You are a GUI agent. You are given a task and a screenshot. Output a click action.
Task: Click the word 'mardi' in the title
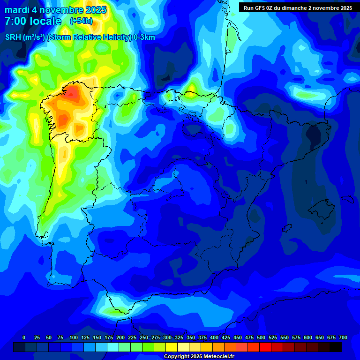(x=18, y=10)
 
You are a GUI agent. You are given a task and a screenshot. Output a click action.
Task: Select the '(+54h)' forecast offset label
(x=81, y=21)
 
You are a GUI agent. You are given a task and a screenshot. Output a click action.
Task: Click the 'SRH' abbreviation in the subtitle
(x=14, y=37)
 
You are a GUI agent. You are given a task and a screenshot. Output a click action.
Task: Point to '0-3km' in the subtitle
(x=144, y=37)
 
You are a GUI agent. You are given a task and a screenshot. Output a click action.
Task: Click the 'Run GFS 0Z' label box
(x=298, y=7)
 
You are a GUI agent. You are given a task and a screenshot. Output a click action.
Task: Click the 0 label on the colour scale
(x=24, y=337)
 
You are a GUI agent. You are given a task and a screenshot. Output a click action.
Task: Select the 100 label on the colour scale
(x=73, y=337)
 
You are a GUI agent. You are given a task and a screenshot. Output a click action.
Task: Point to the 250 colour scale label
(x=143, y=337)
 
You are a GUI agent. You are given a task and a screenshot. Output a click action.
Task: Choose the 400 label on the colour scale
(x=214, y=337)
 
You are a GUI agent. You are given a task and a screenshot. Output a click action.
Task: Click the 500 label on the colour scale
(x=261, y=337)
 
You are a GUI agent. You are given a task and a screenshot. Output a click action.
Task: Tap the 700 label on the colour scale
(x=343, y=337)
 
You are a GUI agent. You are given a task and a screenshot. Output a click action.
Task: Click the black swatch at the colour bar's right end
(x=336, y=347)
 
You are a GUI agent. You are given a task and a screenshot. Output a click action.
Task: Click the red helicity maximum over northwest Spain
(x=72, y=94)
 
